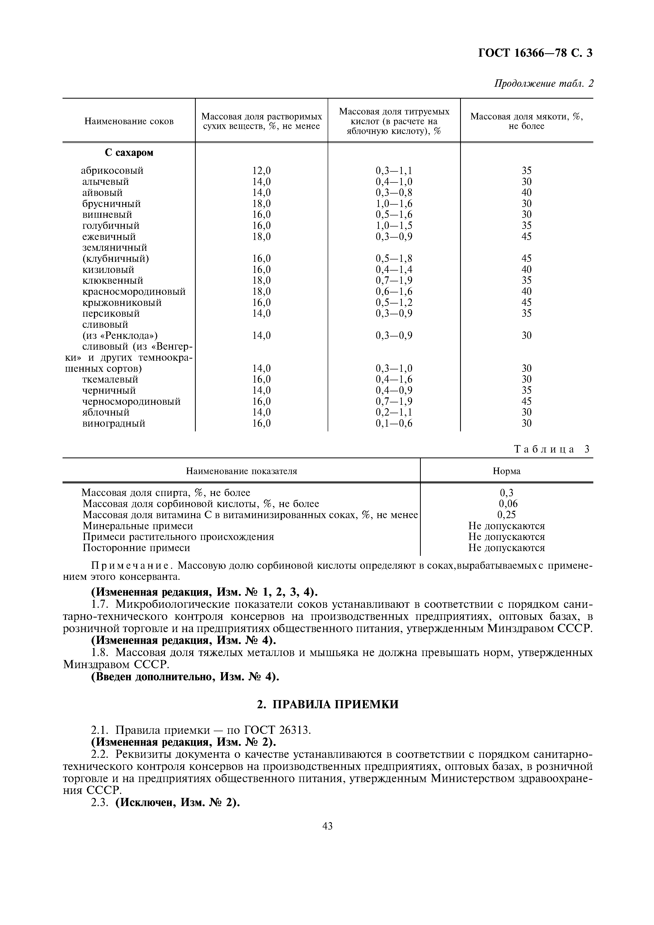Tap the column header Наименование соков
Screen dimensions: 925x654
click(129, 121)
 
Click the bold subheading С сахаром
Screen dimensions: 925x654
click(129, 153)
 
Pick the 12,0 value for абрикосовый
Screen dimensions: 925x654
click(261, 170)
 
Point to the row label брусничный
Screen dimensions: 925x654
click(111, 204)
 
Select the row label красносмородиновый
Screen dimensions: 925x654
click(134, 291)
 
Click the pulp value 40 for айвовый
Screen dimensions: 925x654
click(526, 192)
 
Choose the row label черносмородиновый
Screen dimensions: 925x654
click(131, 401)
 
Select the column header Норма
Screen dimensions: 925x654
click(507, 471)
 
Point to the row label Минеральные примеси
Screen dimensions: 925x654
click(137, 526)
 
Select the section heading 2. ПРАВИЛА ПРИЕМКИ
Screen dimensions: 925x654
click(328, 704)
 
